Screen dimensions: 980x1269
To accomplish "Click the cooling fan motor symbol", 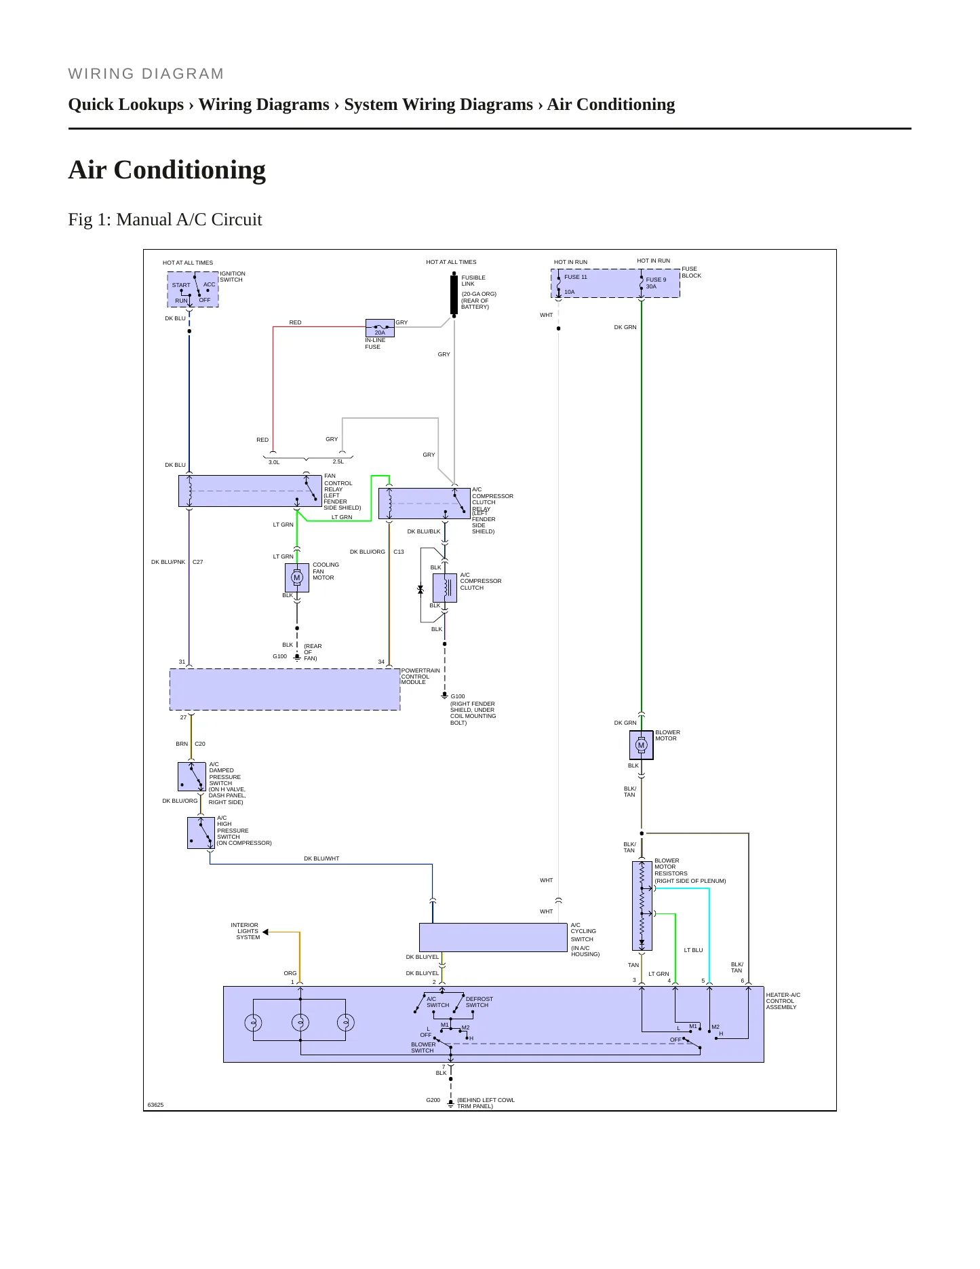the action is point(296,577).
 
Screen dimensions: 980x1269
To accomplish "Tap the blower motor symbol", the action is point(641,745).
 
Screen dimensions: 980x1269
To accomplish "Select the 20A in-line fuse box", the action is point(380,328).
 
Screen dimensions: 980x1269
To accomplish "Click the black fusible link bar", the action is point(454,295).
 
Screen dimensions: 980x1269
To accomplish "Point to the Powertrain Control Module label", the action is point(420,676).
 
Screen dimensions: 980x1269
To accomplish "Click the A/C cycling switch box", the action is point(493,937).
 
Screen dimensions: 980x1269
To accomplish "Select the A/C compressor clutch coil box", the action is point(445,588).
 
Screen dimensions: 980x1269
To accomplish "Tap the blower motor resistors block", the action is point(642,906).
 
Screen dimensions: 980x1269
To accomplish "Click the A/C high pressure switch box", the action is point(201,833).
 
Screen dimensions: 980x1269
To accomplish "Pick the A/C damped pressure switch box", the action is point(192,777).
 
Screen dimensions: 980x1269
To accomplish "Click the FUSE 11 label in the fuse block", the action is point(576,277).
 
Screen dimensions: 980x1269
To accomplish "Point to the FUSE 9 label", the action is point(656,280).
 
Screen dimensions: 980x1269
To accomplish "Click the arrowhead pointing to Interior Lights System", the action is point(265,932).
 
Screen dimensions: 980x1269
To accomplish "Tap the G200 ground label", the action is point(433,1100).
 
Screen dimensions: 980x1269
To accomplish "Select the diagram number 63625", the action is point(155,1105).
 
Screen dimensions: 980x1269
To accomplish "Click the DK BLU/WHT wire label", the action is point(321,858).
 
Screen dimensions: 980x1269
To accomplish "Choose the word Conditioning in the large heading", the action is point(190,170).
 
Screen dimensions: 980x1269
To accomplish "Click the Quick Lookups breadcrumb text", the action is point(126,105).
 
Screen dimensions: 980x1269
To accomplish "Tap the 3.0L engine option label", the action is point(274,462).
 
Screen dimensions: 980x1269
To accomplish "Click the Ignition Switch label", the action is point(233,277).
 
